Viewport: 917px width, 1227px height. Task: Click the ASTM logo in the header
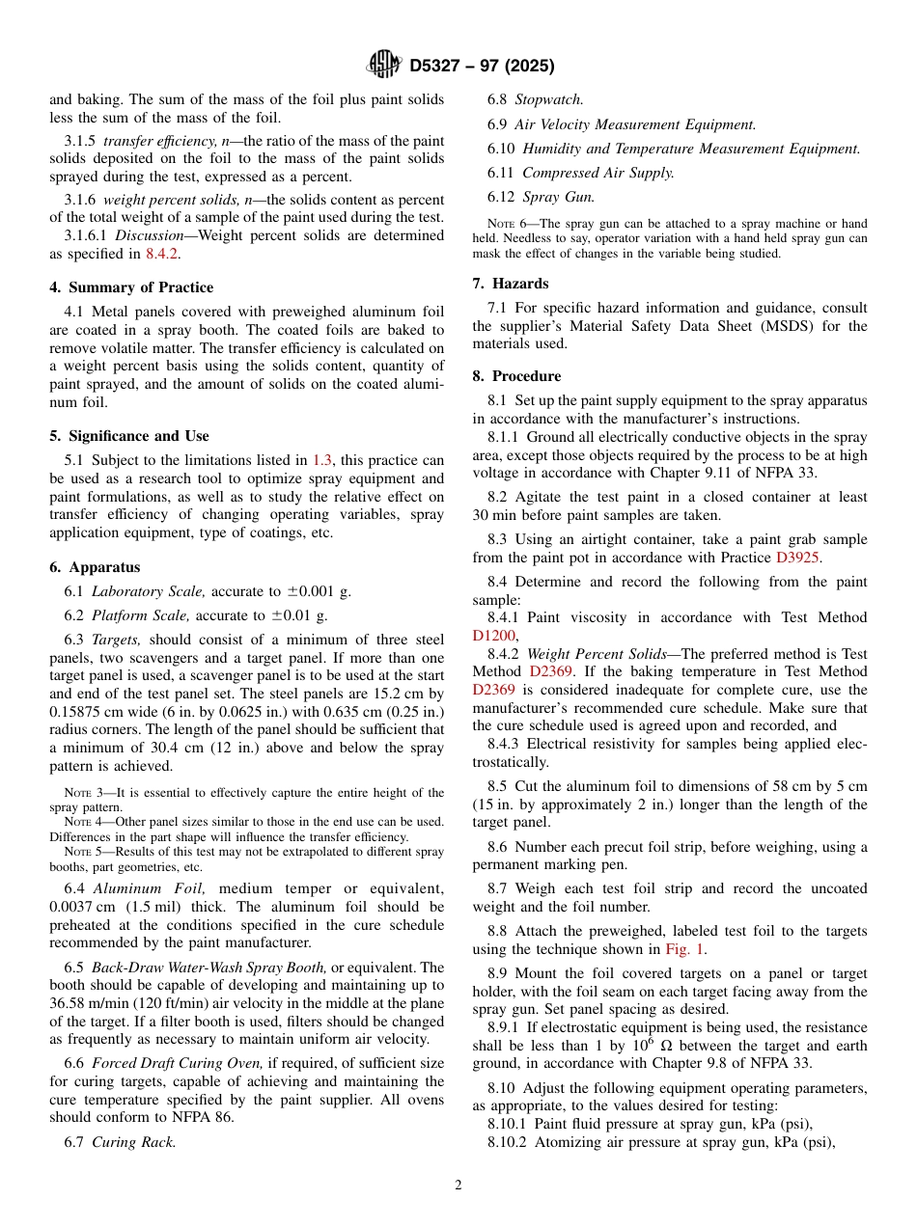tap(385, 66)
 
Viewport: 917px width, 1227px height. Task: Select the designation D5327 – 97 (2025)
tap(482, 67)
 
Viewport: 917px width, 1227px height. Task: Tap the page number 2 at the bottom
tap(458, 1186)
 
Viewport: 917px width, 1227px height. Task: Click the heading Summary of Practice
tap(131, 287)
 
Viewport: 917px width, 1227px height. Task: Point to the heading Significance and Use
tap(129, 436)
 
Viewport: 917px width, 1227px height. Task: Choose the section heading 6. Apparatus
tap(95, 567)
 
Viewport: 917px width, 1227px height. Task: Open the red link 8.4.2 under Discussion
tap(161, 254)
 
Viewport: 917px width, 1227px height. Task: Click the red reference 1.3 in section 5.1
tap(322, 460)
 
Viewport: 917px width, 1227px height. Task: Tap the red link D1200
tap(493, 636)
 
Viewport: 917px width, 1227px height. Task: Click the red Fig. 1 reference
tap(686, 949)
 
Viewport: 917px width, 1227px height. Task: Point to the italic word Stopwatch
tap(548, 99)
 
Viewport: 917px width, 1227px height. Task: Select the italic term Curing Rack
tap(134, 1142)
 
